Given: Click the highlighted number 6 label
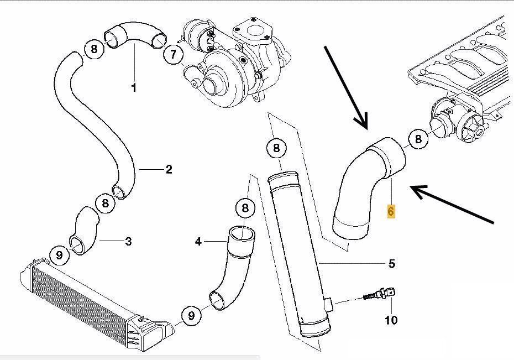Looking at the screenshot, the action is (391, 211).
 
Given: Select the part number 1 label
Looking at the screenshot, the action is (134, 87).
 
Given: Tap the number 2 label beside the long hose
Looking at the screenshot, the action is (169, 169).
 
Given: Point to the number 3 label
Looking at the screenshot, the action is (128, 241).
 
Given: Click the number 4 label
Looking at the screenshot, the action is (198, 242).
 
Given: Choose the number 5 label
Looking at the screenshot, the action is (392, 263).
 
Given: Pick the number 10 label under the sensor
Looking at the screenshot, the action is (391, 320).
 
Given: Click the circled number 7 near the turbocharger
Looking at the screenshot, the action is (173, 54).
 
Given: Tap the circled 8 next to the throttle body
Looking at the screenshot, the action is (418, 139).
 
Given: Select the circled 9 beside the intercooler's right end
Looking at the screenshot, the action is (191, 315).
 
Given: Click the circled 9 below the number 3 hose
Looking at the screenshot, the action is (59, 255).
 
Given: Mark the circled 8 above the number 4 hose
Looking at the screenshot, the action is (245, 208).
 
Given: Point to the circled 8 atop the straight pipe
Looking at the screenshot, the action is (276, 148).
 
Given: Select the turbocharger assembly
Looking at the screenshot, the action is (234, 62).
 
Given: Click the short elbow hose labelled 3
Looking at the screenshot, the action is (85, 230).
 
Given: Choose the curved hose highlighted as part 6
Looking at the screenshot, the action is (369, 187).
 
